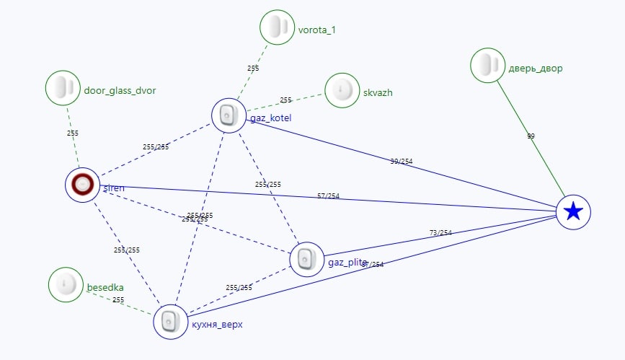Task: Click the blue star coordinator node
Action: tap(573, 211)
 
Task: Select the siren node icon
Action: tap(83, 185)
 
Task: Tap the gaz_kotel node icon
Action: tap(229, 115)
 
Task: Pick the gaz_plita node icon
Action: tap(307, 258)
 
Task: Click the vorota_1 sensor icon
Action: tap(277, 27)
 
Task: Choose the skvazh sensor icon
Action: tap(342, 92)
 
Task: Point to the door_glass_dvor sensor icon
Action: tap(63, 88)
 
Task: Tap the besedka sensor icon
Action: tap(66, 284)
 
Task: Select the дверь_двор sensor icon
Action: tap(488, 66)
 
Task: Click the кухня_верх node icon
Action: tap(170, 322)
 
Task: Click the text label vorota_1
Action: tap(316, 30)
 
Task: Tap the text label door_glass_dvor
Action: tap(120, 90)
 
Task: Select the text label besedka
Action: tap(105, 287)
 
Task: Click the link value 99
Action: tap(531, 136)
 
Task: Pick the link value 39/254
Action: tap(402, 161)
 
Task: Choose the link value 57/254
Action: tap(328, 196)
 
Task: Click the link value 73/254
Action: tap(440, 232)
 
